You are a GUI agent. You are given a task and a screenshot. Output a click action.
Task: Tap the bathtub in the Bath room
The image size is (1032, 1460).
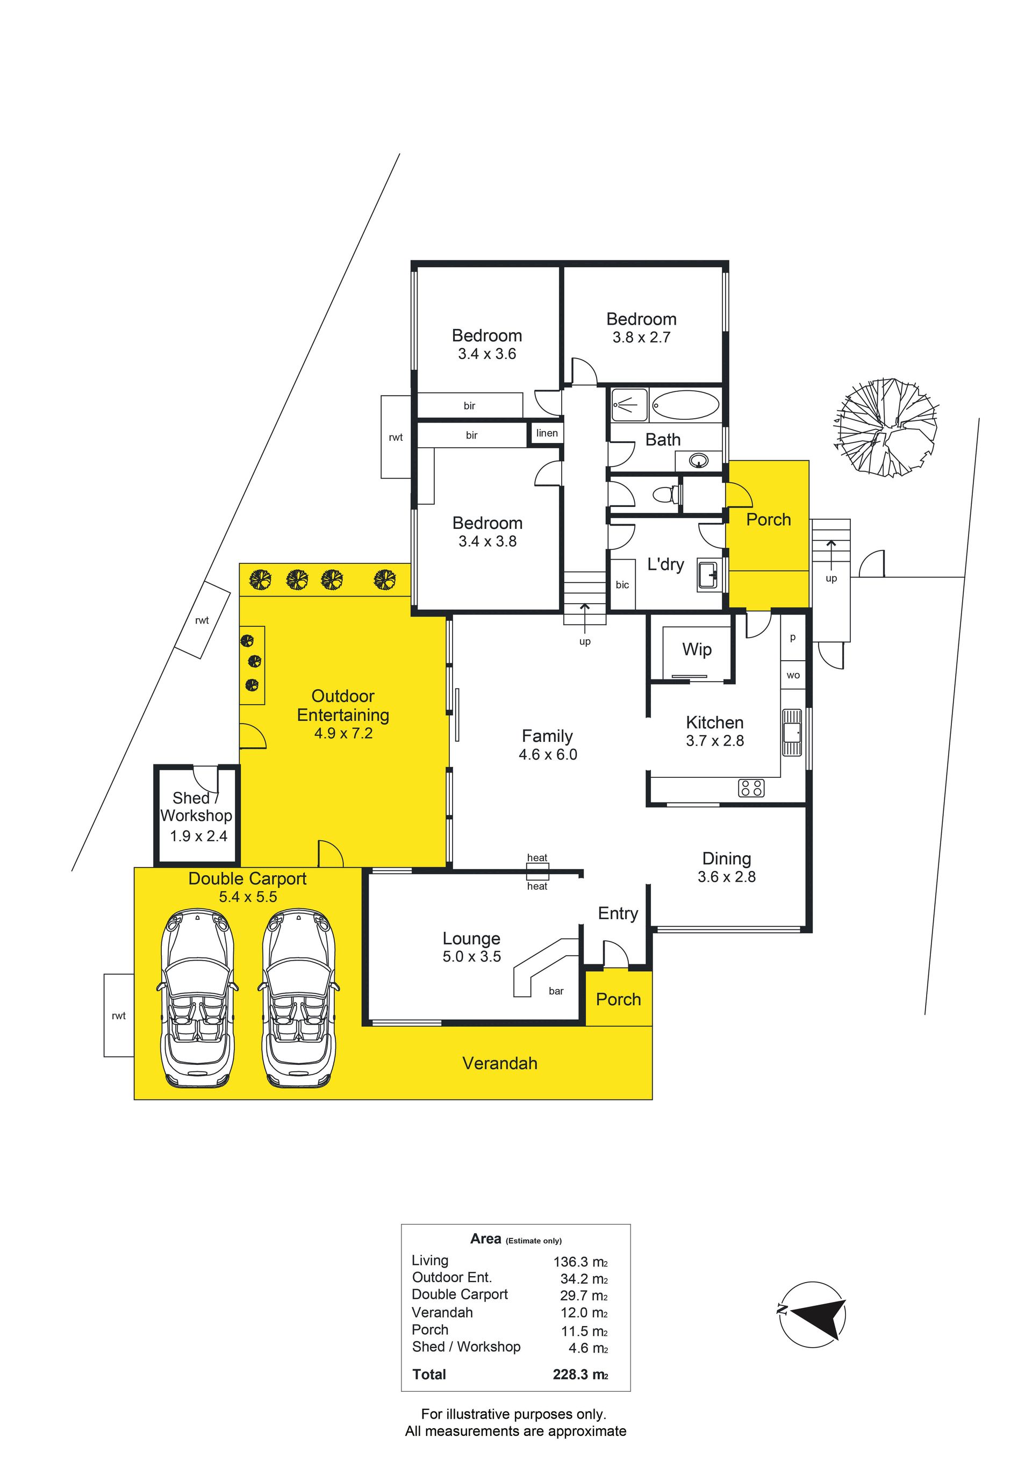[685, 404]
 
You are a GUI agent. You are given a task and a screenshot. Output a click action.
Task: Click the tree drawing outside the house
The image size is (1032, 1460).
[885, 427]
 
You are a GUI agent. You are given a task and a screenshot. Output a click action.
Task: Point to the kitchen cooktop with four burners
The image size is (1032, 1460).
[751, 789]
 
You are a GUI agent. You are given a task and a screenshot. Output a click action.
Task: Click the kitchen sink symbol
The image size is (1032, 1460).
[792, 733]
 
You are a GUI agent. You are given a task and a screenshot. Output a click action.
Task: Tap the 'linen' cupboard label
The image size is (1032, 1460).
[547, 433]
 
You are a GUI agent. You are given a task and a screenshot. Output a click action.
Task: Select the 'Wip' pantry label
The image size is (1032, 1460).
[697, 649]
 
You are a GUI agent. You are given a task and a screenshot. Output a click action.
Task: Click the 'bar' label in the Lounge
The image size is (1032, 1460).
[556, 991]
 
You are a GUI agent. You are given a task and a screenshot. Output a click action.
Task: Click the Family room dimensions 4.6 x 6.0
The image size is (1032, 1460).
[548, 755]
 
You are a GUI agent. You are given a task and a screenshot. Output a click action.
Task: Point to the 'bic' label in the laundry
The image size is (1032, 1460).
[622, 584]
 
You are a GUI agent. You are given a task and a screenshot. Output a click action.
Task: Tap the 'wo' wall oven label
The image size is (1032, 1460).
[793, 675]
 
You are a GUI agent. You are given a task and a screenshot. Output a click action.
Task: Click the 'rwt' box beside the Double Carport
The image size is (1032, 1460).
[119, 1015]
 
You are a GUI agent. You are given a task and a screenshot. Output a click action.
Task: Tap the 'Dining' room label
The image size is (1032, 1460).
[727, 858]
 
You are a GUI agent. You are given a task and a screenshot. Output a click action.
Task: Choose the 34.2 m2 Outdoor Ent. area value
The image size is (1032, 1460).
[584, 1279]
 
